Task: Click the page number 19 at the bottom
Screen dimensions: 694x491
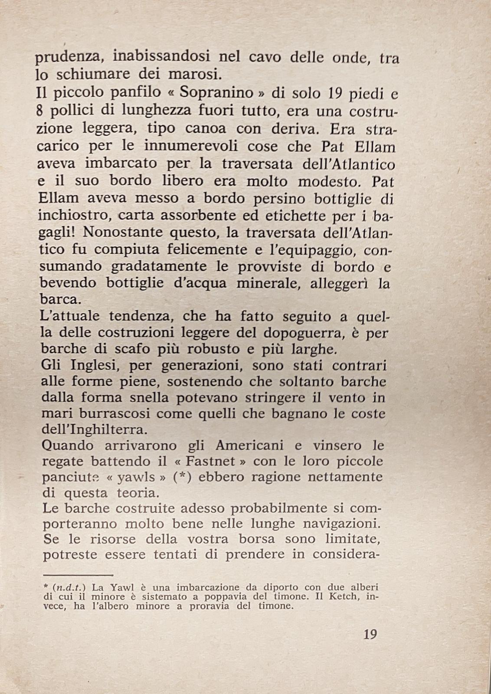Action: click(370, 634)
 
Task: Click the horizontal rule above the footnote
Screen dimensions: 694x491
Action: click(78, 575)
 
